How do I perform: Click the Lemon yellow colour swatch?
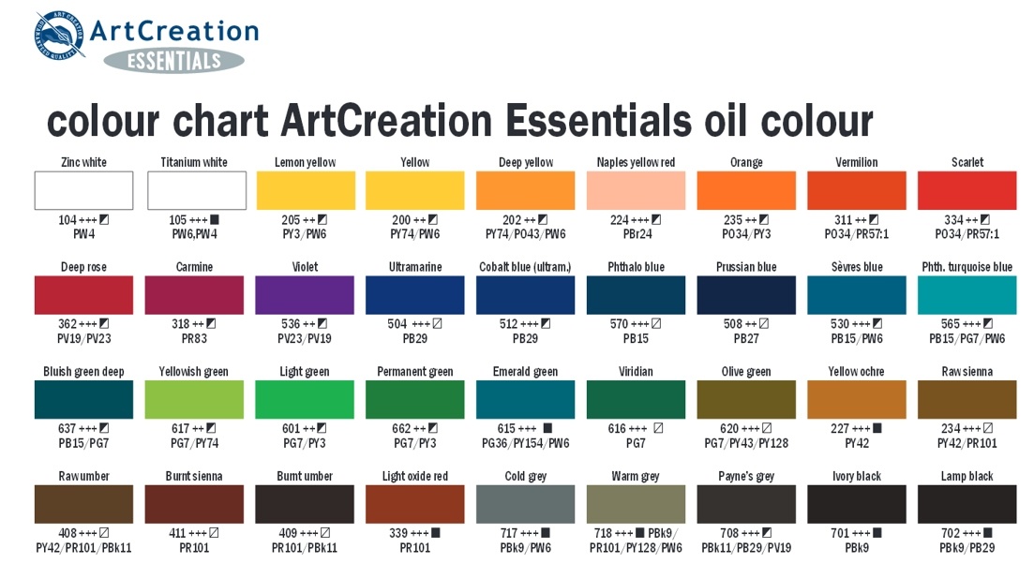tap(306, 190)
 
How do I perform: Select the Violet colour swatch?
tap(305, 294)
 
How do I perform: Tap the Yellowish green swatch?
tap(194, 399)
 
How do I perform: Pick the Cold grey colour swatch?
tap(525, 504)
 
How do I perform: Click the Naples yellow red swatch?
tap(636, 190)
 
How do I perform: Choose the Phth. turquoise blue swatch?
tap(967, 294)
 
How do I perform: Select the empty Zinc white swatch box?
tap(83, 190)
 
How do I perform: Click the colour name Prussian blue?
tap(746, 267)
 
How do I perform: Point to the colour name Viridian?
tap(636, 372)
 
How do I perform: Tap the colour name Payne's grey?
tap(746, 477)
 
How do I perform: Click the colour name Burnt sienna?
tap(194, 477)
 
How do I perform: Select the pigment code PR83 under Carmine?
tap(194, 339)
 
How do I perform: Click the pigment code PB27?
tap(746, 339)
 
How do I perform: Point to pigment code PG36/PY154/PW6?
tap(525, 443)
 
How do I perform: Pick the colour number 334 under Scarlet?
tap(952, 220)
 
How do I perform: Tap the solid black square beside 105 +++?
tap(215, 220)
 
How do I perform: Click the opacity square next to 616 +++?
tap(658, 428)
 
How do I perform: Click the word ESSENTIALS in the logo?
tap(174, 61)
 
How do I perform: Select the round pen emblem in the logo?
tap(59, 35)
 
